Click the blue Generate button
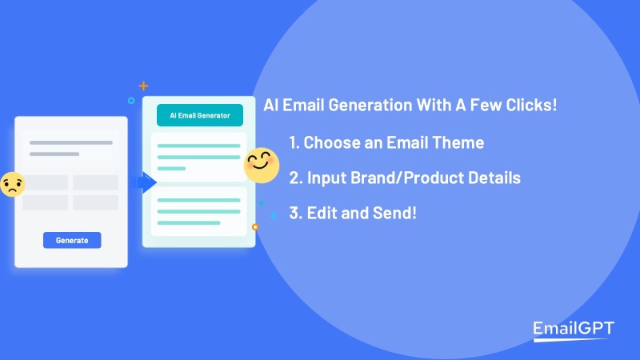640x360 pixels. coord(72,240)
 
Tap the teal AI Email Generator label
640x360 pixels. coord(200,115)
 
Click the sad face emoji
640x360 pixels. coord(12,185)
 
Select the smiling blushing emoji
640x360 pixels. coord(262,165)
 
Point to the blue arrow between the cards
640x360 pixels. coord(145,182)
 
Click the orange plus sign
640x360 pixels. coord(143,86)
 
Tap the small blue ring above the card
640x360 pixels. coord(131,101)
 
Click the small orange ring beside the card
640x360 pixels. coord(255,227)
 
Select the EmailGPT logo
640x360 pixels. coord(574,330)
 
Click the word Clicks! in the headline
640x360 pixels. coord(531,105)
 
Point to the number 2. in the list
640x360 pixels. coord(296,178)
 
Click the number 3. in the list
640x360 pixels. coord(296,213)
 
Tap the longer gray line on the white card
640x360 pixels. coord(71,142)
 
